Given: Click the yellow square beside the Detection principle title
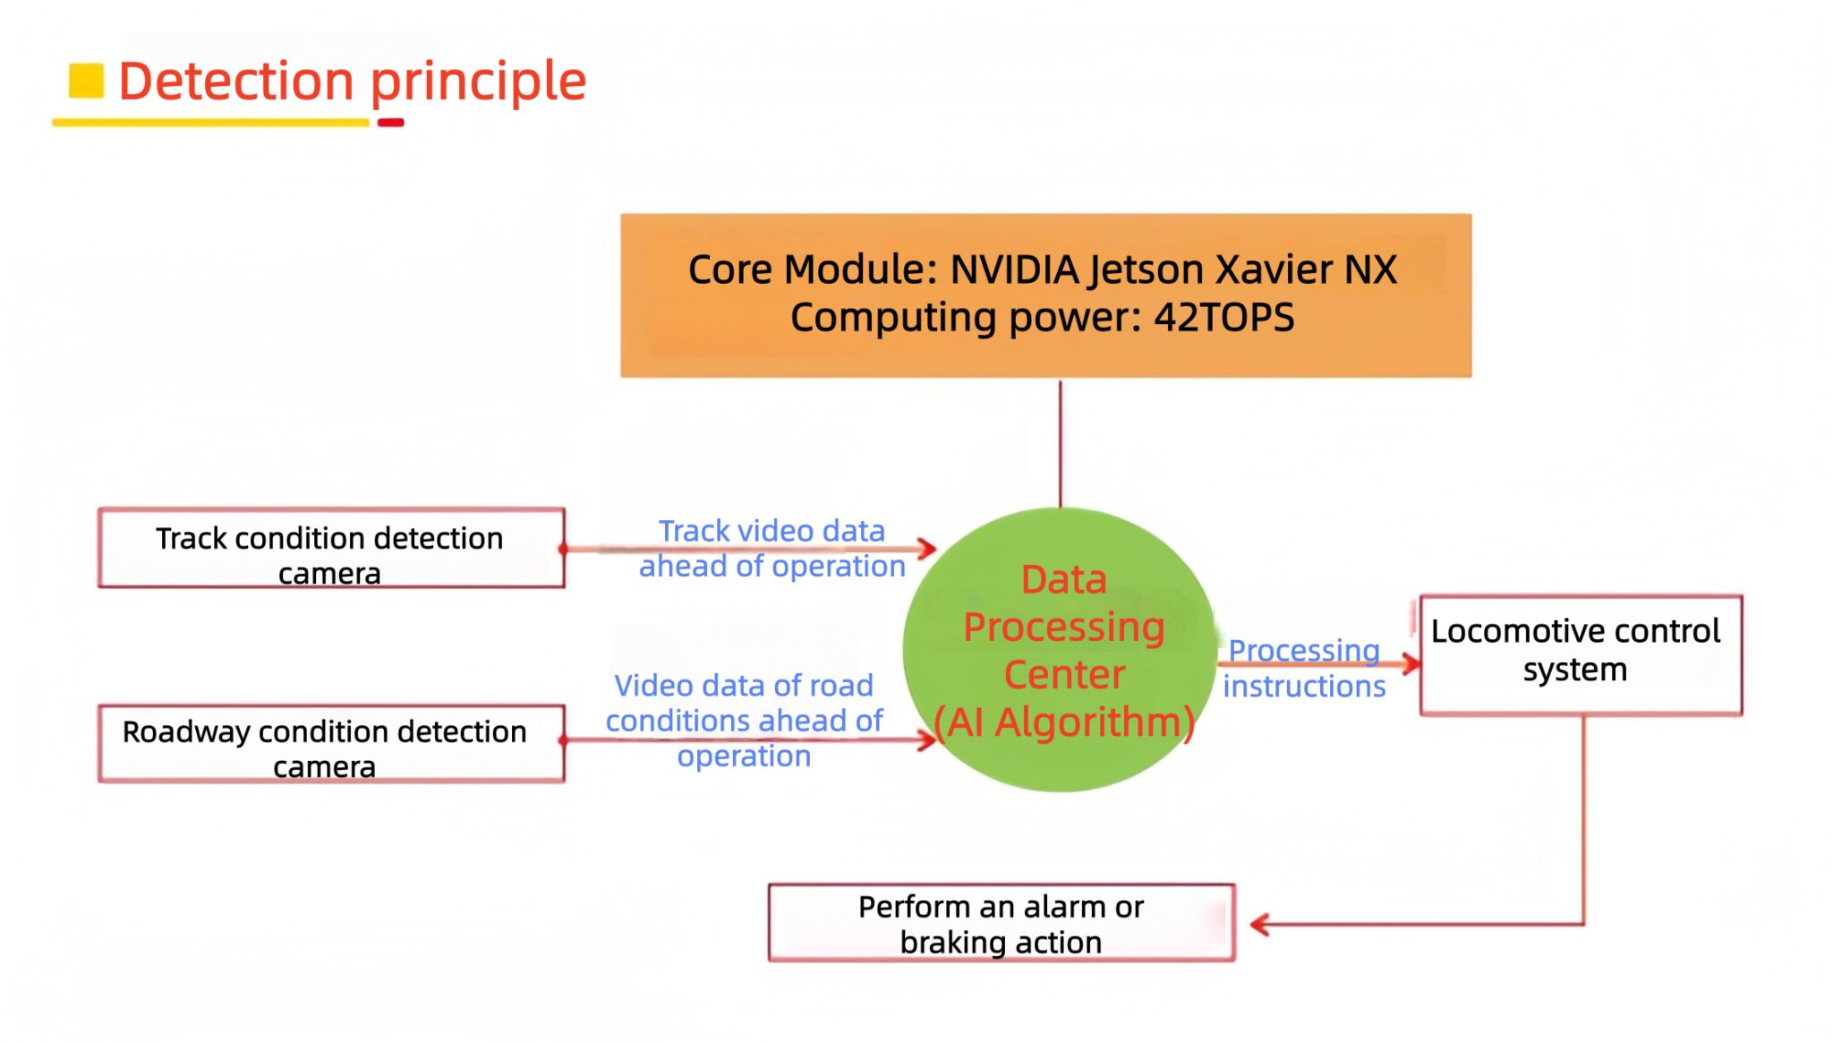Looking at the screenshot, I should point(87,80).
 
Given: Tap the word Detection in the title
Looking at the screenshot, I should point(236,81).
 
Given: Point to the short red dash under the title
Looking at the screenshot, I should point(390,123).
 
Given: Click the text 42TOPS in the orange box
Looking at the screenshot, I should point(1223,318).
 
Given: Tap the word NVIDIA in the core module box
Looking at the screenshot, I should point(1013,269).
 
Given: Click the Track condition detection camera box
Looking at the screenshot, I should point(330,548).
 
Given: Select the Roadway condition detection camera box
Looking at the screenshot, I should point(330,744).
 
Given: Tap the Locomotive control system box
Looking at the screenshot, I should point(1580,654).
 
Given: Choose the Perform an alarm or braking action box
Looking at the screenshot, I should point(1001,923).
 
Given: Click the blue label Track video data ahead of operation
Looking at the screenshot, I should point(772,548).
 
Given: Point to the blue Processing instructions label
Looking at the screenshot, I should point(1304,669).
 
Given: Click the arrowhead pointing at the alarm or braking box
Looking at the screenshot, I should point(1259,924).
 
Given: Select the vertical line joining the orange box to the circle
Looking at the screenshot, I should point(1061,442).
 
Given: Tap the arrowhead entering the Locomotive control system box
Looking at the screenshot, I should point(1411,663).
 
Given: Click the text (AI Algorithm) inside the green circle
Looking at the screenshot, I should point(1063,722).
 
